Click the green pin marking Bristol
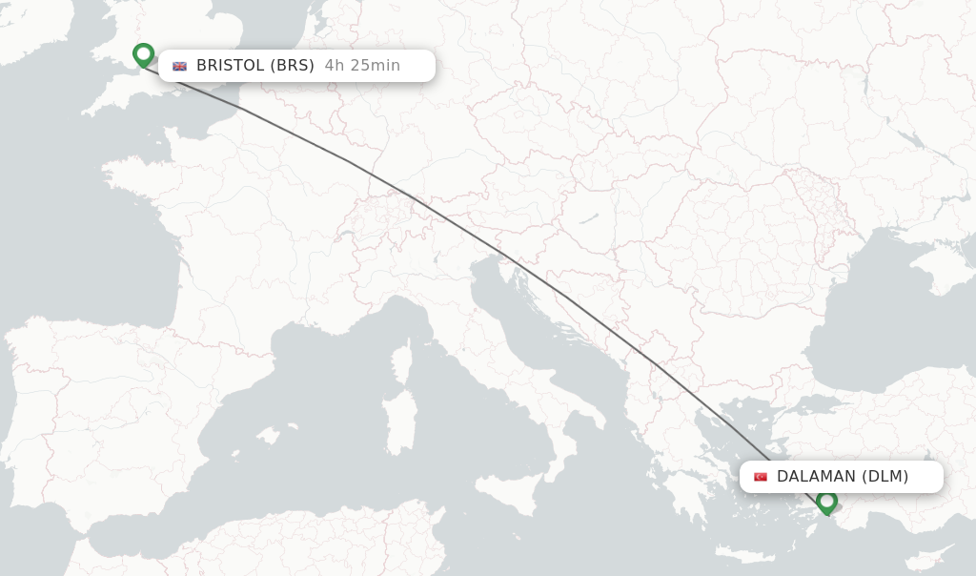(144, 54)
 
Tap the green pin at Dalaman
(826, 500)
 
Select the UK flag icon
(179, 66)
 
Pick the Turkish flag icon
(761, 477)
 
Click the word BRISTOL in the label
(229, 66)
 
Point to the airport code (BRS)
(292, 66)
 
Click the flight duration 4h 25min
(362, 66)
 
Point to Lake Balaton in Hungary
(587, 218)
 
